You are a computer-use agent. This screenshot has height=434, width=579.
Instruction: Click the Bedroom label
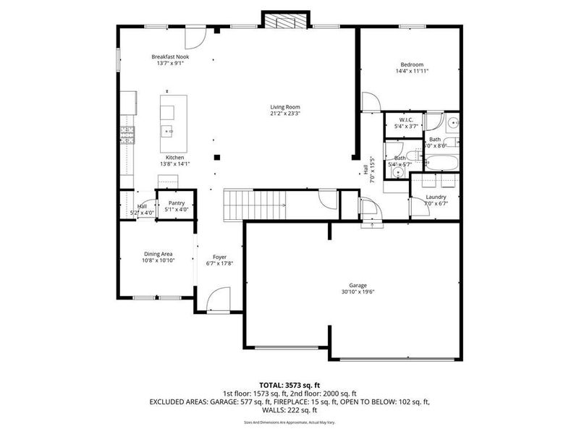[x=409, y=64]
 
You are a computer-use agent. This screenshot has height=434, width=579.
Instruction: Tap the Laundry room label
[x=435, y=197]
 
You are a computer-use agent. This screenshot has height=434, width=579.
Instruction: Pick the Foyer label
[x=219, y=257]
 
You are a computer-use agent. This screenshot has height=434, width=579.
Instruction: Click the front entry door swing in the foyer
[x=219, y=298]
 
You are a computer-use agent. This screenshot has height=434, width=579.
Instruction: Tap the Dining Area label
[x=158, y=253]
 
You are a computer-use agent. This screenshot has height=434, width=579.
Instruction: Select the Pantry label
[x=177, y=203]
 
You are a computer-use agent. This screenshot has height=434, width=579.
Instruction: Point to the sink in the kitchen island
[x=167, y=131]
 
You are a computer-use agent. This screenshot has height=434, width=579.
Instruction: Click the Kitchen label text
[x=174, y=158]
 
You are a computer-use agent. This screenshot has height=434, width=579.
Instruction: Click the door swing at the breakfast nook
[x=196, y=36]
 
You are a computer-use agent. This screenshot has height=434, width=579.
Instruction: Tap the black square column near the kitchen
[x=216, y=156]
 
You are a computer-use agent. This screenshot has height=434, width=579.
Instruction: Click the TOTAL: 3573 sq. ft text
[x=289, y=384]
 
